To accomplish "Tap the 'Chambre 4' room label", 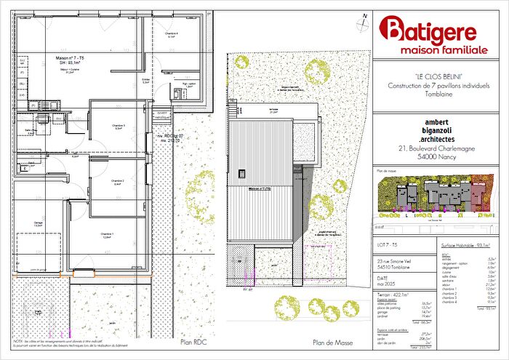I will coord(171,35).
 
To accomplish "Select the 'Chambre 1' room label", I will coord(106,233).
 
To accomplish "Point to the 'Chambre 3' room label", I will coord(119,126).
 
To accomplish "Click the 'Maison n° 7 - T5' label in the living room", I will coord(71,57).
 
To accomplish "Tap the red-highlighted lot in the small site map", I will coord(478,193).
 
